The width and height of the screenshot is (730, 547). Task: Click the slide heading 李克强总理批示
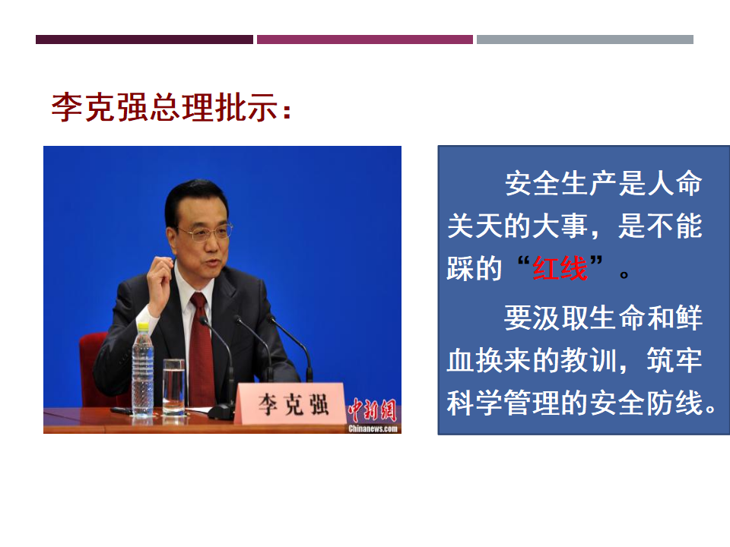[x=171, y=107]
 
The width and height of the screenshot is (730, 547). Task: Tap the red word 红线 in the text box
[x=560, y=268]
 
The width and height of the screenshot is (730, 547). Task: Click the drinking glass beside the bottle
[x=173, y=387]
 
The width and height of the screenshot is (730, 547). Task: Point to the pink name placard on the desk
[x=291, y=403]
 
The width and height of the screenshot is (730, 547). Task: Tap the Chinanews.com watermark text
[x=373, y=428]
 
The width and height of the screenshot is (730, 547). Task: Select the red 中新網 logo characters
[x=372, y=410]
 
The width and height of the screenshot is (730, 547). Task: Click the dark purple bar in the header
[x=144, y=40]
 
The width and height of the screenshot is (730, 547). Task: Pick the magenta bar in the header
[x=364, y=40]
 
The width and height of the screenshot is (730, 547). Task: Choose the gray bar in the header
[x=585, y=40]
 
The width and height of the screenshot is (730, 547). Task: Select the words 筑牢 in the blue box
[x=674, y=359]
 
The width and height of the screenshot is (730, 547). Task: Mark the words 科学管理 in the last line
[x=503, y=403]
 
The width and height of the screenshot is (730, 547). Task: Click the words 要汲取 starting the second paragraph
[x=532, y=318]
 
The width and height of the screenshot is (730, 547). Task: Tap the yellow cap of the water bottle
[x=143, y=326]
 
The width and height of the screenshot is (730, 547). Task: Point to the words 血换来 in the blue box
[x=489, y=359]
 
